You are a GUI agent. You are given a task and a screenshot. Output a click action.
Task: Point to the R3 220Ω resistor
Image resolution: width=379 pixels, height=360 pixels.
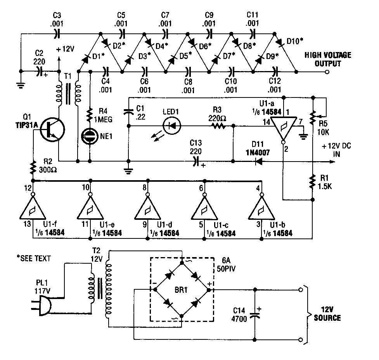tap(218, 126)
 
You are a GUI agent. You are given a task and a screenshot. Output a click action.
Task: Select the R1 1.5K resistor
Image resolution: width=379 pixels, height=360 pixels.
tap(312, 181)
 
